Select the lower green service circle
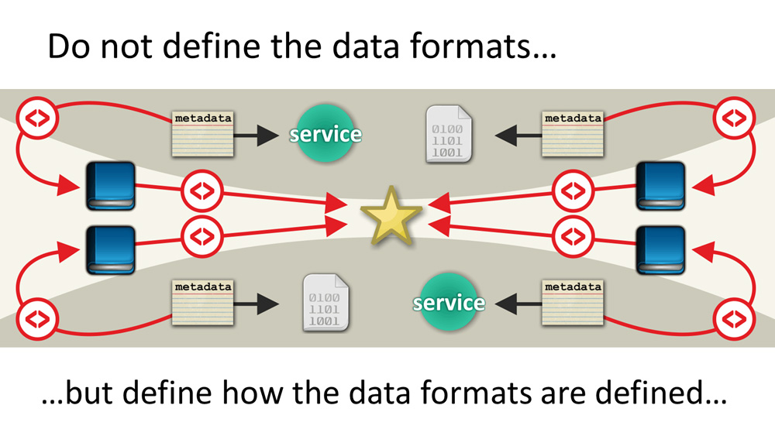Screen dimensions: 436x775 point(448,301)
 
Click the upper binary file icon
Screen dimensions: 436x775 point(449,133)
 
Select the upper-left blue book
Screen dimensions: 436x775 point(110,186)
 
